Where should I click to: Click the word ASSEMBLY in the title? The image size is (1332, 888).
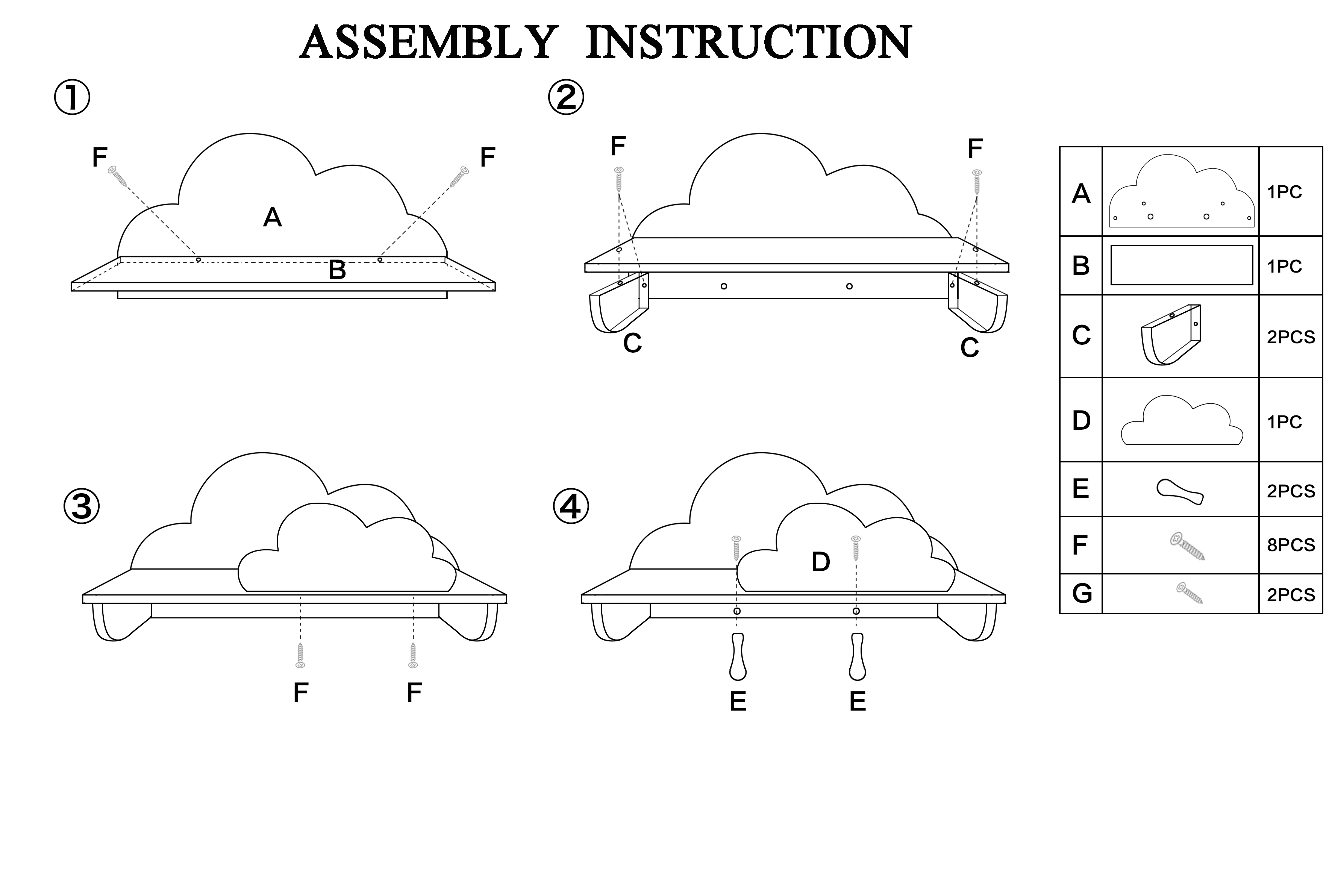[x=429, y=42]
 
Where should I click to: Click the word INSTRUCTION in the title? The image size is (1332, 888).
[x=749, y=42]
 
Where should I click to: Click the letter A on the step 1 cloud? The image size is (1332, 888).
[x=273, y=217]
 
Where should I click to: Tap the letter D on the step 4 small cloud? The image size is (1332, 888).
[x=821, y=562]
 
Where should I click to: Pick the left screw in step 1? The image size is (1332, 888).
[x=118, y=176]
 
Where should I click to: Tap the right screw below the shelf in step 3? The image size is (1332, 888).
[x=414, y=655]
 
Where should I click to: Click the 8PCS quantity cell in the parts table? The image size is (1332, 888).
[x=1291, y=545]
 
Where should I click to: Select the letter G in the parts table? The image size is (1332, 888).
[x=1082, y=594]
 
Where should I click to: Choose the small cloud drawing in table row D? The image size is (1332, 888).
[x=1182, y=421]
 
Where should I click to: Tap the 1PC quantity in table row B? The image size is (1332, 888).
[x=1284, y=266]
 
